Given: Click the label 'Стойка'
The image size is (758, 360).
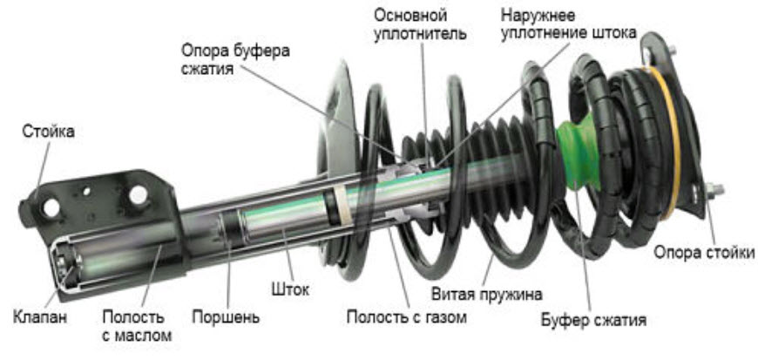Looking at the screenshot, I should [50, 132].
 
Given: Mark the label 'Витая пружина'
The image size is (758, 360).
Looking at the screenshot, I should [488, 292].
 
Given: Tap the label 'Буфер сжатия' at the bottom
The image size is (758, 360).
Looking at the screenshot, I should [592, 320].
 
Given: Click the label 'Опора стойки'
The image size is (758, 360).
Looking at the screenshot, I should [703, 255].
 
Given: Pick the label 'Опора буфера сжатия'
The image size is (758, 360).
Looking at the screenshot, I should [236, 58].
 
